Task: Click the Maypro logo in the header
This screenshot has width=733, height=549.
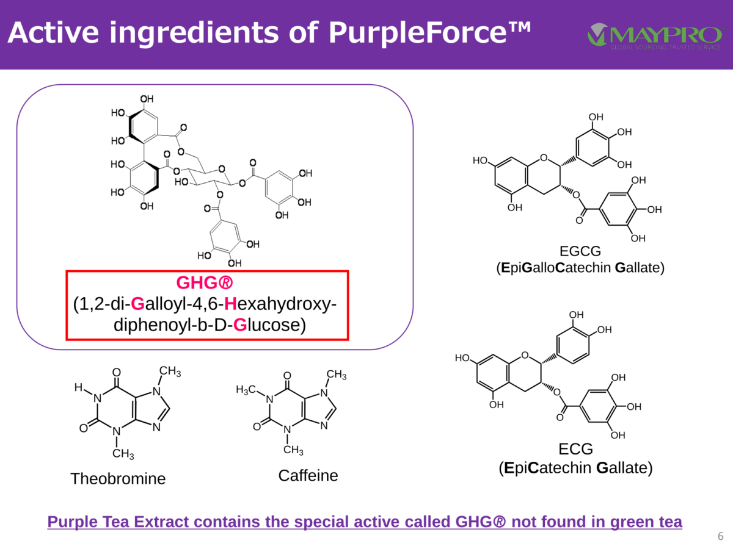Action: coord(656,37)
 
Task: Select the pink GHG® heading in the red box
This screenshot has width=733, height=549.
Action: coord(205,283)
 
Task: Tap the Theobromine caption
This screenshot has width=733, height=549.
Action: coord(118,479)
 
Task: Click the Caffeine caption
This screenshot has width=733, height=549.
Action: coord(308,475)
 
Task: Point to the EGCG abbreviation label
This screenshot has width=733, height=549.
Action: coord(580,251)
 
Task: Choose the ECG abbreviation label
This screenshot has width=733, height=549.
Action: coord(576,449)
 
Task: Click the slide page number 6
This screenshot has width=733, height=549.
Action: coord(721,536)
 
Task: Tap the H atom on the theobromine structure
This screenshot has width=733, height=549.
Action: coord(78,387)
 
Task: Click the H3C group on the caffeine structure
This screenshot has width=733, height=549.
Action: coord(246,390)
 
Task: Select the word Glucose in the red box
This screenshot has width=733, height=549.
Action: coord(269,325)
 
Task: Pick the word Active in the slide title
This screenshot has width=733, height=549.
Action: coord(53,32)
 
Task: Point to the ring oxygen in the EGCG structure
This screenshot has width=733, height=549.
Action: coord(544,157)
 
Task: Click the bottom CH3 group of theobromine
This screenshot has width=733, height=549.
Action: coord(123,454)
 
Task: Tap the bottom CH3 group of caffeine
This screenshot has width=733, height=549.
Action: coord(293,450)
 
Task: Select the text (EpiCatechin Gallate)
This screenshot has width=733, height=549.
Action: coord(575,468)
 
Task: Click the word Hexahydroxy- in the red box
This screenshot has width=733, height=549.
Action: coord(280,304)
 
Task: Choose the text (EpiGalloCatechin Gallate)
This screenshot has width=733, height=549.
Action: coord(580,268)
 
